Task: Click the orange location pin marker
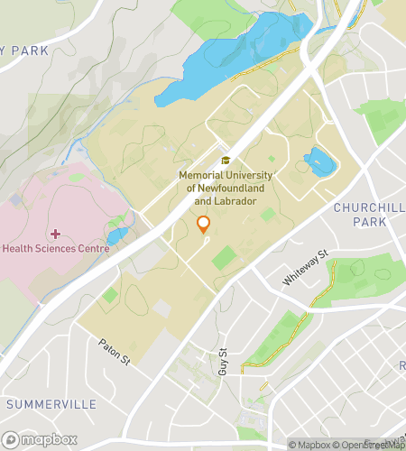coord(203,225)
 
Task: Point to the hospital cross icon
coord(57,234)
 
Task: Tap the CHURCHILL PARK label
coord(369,214)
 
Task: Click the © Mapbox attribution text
coord(309,443)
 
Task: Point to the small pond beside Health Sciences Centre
coord(117,236)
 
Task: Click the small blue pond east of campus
coord(320,162)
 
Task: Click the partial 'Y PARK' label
coord(24,51)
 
